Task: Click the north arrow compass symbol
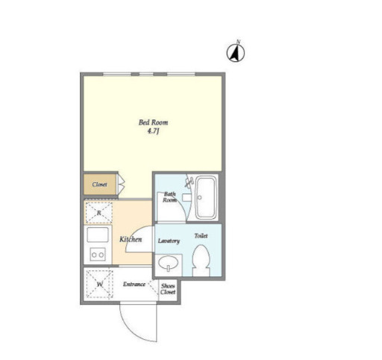coord(236,52)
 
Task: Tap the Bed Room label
coord(153,122)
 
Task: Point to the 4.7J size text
coord(153,131)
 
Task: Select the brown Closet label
coord(99,184)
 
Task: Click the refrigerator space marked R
coord(99,213)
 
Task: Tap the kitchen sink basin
coord(98,235)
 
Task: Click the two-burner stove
coord(98,255)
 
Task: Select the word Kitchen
coord(131,239)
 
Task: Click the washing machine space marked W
coord(99,284)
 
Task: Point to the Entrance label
coord(134,284)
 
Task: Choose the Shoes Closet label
coord(168,289)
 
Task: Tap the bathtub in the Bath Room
coord(205,197)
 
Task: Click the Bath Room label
coord(170,196)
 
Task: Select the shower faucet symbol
coord(189,182)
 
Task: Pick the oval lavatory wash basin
coord(169,263)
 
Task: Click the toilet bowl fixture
coord(201,260)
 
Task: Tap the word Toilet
coord(201,235)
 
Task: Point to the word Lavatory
coord(169,240)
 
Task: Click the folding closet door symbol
coord(121,184)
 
